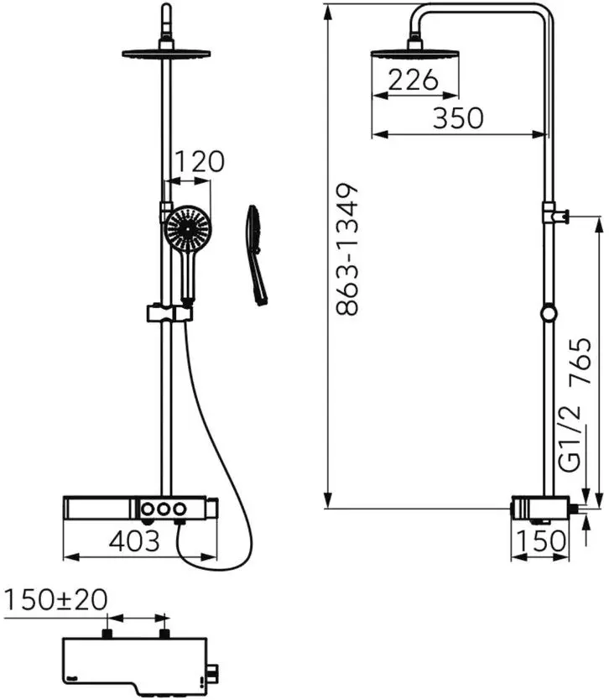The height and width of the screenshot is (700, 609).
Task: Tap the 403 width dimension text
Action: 133,541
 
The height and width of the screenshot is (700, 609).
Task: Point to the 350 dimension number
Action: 458,118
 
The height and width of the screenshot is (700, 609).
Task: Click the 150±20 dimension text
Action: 56,600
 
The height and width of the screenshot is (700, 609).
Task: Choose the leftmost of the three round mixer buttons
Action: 148,509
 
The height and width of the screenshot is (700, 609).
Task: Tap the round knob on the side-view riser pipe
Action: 548,314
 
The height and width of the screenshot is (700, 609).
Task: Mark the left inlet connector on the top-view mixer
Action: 107,633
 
